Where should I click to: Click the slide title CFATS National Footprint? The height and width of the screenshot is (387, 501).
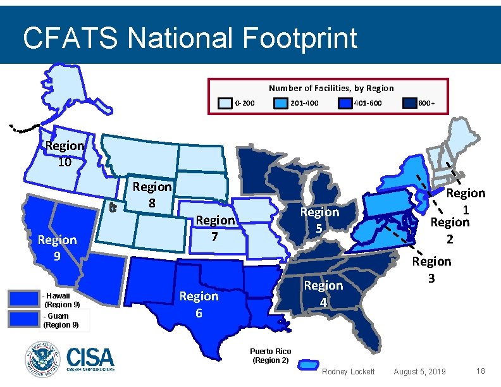tap(190, 38)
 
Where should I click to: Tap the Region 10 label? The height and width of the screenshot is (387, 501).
tap(65, 154)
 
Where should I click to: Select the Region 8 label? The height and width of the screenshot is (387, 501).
tap(152, 195)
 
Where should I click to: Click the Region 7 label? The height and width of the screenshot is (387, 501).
tap(214, 228)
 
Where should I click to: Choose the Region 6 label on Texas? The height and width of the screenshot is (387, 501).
tap(199, 304)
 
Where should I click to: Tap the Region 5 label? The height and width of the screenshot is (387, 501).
tap(319, 220)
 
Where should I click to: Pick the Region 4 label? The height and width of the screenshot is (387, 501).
tap(323, 293)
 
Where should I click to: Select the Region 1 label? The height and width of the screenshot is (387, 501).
tap(466, 200)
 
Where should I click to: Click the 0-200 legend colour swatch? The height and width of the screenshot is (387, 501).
tap(225, 103)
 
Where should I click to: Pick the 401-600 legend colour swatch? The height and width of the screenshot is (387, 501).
tap(345, 103)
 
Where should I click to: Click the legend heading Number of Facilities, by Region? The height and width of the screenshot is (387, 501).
tap(331, 89)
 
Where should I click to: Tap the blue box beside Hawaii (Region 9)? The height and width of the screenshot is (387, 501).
tap(23, 298)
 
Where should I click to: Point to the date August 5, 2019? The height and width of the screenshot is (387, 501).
tap(419, 371)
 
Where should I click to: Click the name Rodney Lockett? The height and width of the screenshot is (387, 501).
tap(349, 371)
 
